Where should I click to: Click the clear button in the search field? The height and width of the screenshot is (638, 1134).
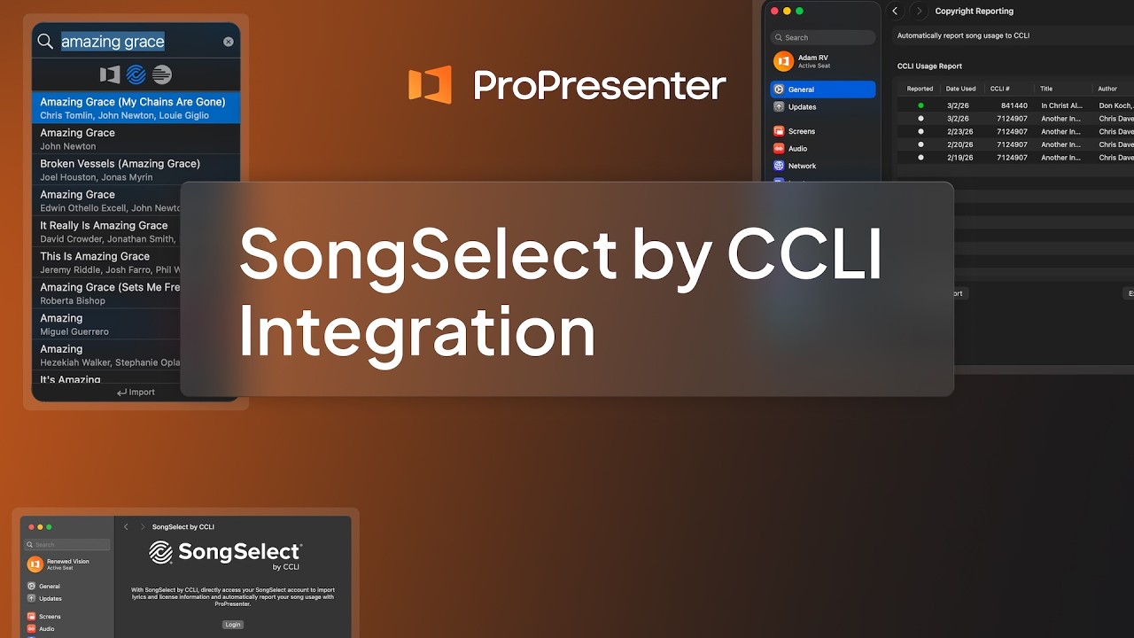pos(229,42)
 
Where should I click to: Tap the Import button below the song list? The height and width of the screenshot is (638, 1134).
pos(136,392)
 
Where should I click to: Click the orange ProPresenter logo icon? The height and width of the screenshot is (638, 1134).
pos(430,85)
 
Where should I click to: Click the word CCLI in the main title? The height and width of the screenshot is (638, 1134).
pos(804,254)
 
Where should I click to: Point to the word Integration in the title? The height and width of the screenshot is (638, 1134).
pos(416,331)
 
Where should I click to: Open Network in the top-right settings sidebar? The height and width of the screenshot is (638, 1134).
pos(801,166)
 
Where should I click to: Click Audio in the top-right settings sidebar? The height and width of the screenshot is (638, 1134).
pos(797,148)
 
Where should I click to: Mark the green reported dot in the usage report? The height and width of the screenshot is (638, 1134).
pos(920,105)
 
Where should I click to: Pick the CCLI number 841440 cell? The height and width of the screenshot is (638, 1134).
pos(1014,105)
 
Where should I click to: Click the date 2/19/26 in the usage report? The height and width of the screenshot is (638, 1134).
pos(959,158)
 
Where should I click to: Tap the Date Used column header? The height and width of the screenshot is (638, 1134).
pos(960,89)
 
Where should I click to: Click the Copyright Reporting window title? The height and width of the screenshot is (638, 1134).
pos(974,12)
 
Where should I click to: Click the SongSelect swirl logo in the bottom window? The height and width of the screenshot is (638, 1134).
pos(160,553)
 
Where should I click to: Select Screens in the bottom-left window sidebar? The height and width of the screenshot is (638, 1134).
pos(49,616)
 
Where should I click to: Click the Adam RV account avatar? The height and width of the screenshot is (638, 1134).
pos(783,61)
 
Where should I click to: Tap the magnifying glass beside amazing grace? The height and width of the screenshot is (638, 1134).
pos(45,42)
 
